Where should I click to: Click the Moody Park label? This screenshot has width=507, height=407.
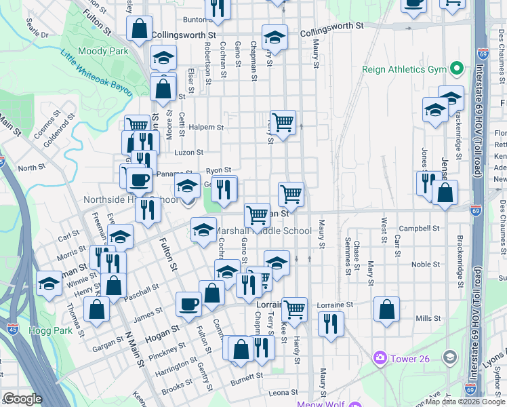(103, 51)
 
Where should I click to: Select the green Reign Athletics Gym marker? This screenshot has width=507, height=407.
(457, 69)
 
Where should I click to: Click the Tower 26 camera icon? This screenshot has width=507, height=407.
(380, 357)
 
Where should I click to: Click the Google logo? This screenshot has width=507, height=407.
(22, 399)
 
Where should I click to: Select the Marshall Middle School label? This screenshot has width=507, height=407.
(264, 231)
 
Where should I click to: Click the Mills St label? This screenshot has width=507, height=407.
(428, 318)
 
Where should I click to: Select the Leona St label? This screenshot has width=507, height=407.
(283, 393)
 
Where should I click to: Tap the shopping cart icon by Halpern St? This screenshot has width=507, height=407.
(283, 122)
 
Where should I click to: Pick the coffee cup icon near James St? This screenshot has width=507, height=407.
(188, 303)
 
